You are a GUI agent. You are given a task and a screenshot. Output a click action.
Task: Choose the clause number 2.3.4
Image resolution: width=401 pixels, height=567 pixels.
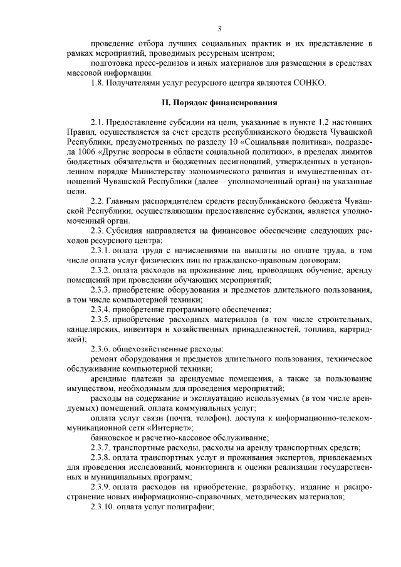coord(102,309)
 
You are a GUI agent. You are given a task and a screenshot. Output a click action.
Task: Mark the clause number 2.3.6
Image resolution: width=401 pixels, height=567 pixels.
coord(102,348)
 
